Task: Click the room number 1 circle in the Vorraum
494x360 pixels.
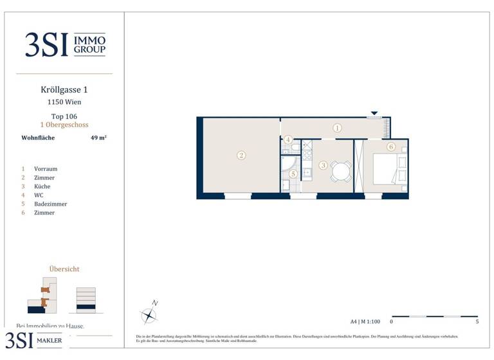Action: pos(337,128)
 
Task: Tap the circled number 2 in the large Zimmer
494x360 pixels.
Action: pos(241,155)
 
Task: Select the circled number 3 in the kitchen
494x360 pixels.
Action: pos(323,165)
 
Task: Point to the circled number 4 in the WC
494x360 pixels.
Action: pos(289,139)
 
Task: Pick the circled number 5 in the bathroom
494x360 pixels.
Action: pos(293,174)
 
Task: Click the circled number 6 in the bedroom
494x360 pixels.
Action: pos(390,147)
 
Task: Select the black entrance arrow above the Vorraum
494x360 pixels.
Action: pos(374,114)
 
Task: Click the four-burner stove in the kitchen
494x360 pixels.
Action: pos(307,155)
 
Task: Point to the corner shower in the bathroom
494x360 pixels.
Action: pos(286,168)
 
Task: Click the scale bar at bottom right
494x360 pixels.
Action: pos(434,316)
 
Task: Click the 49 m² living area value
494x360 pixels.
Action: pos(98,137)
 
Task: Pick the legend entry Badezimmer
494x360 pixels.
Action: pos(50,204)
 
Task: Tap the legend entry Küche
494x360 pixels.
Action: pos(42,186)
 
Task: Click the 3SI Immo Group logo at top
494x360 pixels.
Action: pos(65,44)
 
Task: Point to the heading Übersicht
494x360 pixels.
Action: pos(64,269)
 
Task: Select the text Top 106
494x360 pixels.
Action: pos(64,116)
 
